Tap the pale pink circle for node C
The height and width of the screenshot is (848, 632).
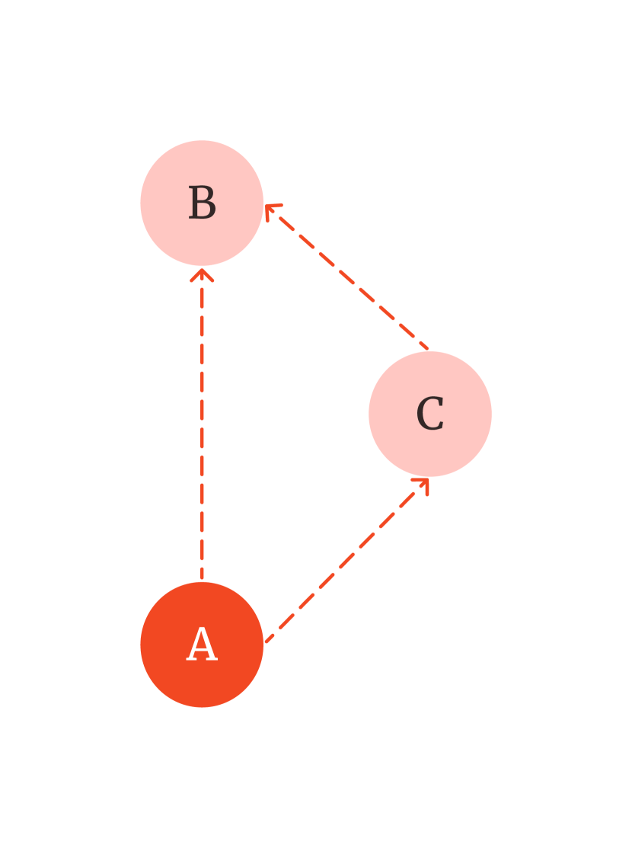pos(430,450)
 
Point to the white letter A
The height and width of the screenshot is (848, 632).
pos(202,645)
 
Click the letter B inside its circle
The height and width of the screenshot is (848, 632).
pos(202,204)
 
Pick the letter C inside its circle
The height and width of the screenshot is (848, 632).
pos(430,414)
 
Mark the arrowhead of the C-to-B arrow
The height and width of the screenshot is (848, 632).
pos(270,208)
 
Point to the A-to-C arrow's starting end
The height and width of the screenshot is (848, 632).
pos(267,641)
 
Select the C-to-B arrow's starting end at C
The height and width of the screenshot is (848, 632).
pos(426,349)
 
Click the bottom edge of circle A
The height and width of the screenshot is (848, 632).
pos(202,706)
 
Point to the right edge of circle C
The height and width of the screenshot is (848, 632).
pos(491,414)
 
